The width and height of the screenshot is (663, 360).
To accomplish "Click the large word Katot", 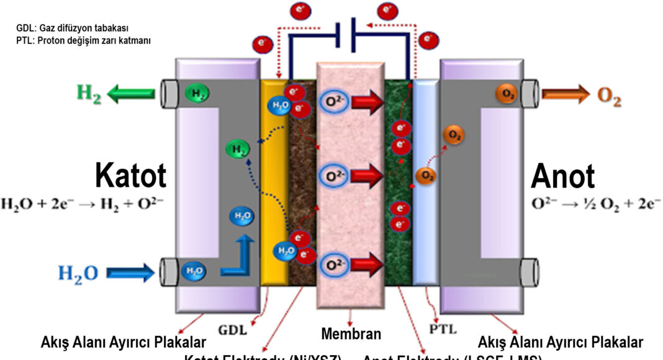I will pos(130,176).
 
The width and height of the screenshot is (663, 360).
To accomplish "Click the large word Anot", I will pos(562,176).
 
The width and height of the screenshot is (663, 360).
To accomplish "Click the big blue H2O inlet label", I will pos(78,272).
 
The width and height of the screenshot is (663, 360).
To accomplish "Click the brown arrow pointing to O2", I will pos(566,94).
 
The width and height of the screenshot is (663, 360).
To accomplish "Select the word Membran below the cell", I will pos(351,334).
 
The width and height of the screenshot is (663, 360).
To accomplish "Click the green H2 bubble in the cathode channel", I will pos(237,148).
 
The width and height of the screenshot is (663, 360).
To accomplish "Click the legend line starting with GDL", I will pos(73,29).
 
